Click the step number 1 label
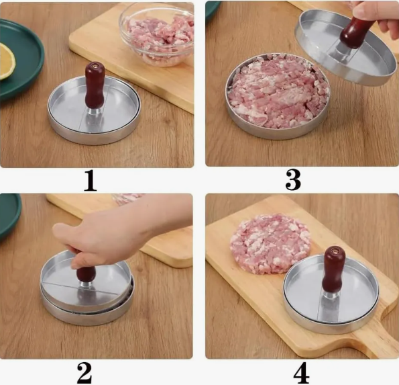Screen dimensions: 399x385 91,181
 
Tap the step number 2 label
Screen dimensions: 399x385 84,373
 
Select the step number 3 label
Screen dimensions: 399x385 293,180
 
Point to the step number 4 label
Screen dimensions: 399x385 302,374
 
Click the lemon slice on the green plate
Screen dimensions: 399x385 7,60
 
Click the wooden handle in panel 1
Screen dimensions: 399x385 95,85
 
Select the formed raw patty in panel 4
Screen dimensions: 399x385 270,243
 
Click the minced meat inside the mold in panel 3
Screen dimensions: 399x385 278,91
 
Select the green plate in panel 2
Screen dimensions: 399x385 9,215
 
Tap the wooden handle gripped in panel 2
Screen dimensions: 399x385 86,273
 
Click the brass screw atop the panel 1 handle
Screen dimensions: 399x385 95,66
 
